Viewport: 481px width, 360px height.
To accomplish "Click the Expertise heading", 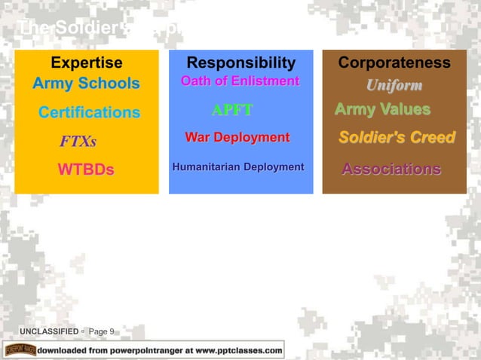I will point(86,63).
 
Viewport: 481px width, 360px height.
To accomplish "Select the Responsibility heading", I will point(240,63).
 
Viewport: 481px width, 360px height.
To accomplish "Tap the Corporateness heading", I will point(394,63).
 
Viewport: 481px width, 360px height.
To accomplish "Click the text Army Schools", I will point(86,84).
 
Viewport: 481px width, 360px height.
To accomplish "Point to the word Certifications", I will point(89,113).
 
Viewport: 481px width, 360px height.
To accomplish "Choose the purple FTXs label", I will point(78,142).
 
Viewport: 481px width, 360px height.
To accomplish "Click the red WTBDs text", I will point(86,169).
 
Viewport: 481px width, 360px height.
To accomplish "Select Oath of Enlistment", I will point(240,81).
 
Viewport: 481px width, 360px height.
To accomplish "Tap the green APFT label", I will point(231,111).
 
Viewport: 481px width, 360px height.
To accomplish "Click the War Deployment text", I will point(237,138).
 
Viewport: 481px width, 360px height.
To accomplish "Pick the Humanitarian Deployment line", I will point(237,166).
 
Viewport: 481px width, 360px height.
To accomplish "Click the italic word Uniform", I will point(394,85).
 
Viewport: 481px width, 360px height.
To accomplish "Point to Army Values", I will point(382,110).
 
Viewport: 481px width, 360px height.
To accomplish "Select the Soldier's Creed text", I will point(396,138).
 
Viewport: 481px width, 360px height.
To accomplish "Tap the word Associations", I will point(391,169).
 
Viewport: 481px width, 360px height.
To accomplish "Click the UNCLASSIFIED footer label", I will point(49,331).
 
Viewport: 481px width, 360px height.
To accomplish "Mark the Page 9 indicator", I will point(102,331).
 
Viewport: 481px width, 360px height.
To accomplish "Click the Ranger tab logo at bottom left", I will point(20,349).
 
